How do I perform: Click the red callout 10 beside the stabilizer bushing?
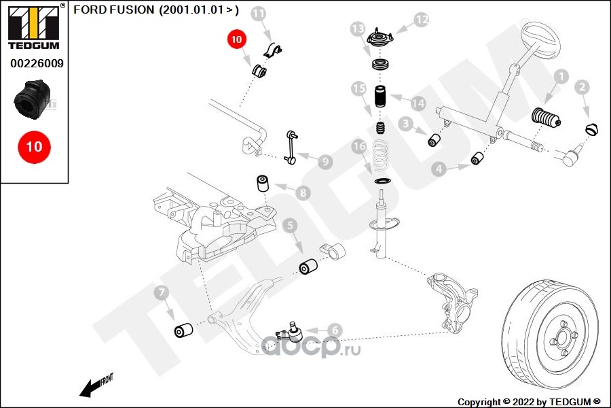236,39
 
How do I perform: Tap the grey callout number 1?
560,78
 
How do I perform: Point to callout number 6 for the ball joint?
333,330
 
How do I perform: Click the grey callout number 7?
161,294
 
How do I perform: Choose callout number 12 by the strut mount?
422,20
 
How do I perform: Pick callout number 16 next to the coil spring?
359,146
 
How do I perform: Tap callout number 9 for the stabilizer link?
325,162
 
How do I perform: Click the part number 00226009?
37,64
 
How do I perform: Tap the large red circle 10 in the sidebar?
34,146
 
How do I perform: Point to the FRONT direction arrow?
95,386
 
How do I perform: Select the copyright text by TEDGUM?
529,401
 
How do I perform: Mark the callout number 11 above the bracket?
259,14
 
